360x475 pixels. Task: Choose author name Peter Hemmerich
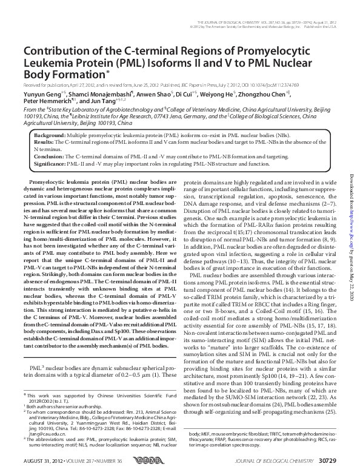(46, 102)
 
